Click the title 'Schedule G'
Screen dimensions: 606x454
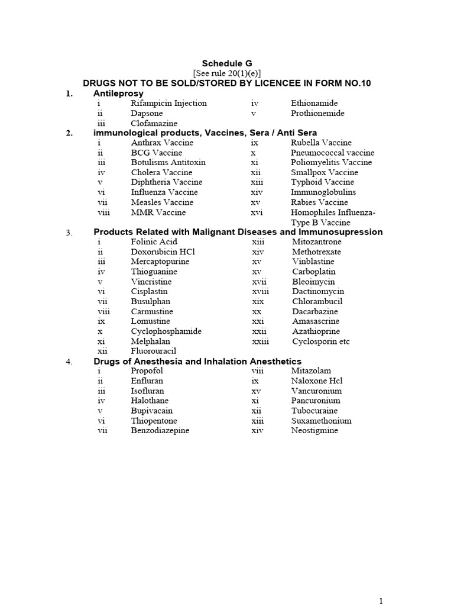(227, 63)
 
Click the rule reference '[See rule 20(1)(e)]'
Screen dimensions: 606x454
(227, 73)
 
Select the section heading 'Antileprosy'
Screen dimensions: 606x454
(118, 94)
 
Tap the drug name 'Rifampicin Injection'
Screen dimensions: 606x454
(168, 104)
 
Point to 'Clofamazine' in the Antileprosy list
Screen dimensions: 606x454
(154, 124)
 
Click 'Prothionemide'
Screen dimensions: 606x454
(317, 114)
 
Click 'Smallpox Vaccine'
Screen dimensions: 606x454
(324, 173)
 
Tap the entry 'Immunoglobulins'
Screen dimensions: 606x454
(323, 192)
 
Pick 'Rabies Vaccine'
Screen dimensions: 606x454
(319, 202)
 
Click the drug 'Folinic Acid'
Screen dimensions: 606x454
(154, 242)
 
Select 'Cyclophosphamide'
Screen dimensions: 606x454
(166, 331)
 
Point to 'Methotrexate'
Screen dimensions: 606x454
(316, 252)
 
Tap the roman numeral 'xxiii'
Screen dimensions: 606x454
(260, 341)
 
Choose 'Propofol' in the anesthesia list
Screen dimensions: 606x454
(147, 371)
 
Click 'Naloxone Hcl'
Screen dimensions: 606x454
(316, 381)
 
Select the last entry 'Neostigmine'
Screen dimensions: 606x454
(314, 431)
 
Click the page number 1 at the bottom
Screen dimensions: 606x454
(381, 601)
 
